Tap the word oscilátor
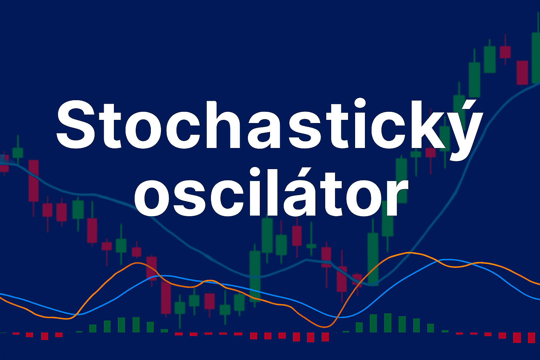[x=271, y=191]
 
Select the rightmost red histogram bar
[x=532, y=337]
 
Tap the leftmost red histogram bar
[x=16, y=334]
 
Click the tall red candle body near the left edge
[x=33, y=181]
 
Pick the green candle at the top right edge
[x=536, y=58]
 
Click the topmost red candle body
[x=505, y=52]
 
